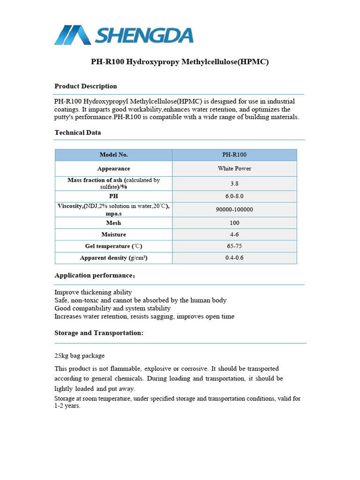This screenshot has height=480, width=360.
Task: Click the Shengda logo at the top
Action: point(124,35)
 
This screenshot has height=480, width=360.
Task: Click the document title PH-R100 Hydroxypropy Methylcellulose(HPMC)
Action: point(180,62)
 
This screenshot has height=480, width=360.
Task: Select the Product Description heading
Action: point(86,86)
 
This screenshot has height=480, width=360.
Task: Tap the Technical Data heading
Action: point(78,133)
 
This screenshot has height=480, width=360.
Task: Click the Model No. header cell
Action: point(113,155)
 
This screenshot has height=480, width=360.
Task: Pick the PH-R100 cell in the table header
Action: point(234,155)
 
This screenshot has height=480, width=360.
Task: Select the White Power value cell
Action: point(234,168)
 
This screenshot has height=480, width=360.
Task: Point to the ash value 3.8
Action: point(234,183)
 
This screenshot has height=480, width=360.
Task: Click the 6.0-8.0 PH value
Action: point(234,196)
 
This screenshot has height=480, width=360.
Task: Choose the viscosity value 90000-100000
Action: point(234,210)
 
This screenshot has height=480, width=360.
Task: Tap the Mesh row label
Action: point(113,223)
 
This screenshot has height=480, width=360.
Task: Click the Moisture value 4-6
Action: point(234,234)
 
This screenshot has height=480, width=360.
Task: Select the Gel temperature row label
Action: point(113,246)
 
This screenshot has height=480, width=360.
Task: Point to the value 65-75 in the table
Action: point(234,246)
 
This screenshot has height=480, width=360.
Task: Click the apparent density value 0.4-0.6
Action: point(234,258)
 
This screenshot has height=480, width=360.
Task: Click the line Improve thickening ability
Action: point(93,292)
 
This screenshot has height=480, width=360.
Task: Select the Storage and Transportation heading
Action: point(99,333)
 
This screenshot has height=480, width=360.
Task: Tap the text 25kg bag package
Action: point(80,356)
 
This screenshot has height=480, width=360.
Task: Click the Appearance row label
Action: point(113,168)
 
